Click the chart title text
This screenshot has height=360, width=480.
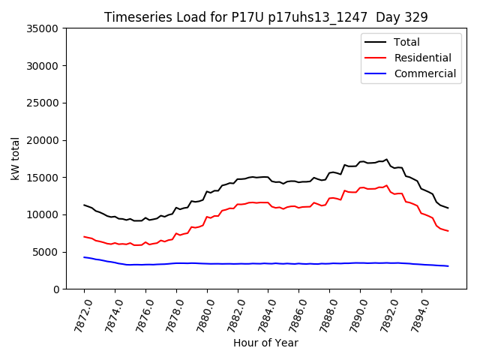(x=266, y=17)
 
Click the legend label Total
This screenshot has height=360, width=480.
(x=407, y=42)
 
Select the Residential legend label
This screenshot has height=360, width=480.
(x=423, y=58)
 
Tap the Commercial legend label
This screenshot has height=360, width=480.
(x=425, y=73)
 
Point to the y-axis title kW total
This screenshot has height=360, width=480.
(x=16, y=159)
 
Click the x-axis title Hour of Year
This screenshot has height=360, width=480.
(x=265, y=343)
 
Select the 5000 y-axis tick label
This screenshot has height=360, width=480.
(x=46, y=252)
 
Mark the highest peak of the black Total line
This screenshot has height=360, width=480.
(x=387, y=159)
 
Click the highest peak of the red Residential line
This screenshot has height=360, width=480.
(x=387, y=185)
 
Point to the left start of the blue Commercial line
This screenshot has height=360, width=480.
(x=84, y=257)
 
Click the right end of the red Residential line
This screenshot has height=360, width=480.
(x=448, y=231)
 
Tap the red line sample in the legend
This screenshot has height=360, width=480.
(x=377, y=58)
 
